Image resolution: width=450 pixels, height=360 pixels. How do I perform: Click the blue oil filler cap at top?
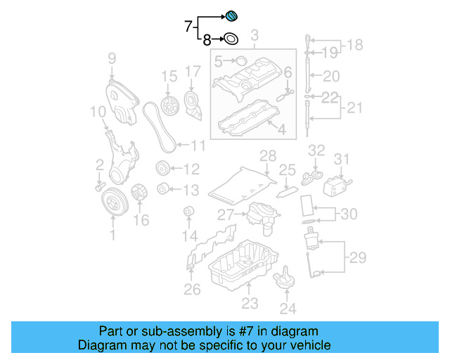click(x=232, y=17)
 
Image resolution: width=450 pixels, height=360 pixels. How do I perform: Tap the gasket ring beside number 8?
click(x=231, y=40)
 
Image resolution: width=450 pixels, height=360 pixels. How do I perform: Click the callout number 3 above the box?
click(x=255, y=35)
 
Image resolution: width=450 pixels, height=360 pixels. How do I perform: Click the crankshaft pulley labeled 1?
click(x=112, y=203)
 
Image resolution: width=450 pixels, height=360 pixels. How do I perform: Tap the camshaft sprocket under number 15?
click(x=168, y=107)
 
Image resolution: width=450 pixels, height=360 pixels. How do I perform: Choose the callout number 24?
click(x=288, y=307)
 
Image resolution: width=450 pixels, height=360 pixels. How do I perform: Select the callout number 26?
click(x=192, y=288)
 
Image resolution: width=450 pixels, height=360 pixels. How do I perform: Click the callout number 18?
click(x=355, y=45)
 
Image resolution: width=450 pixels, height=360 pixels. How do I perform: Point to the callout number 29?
click(x=358, y=258)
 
